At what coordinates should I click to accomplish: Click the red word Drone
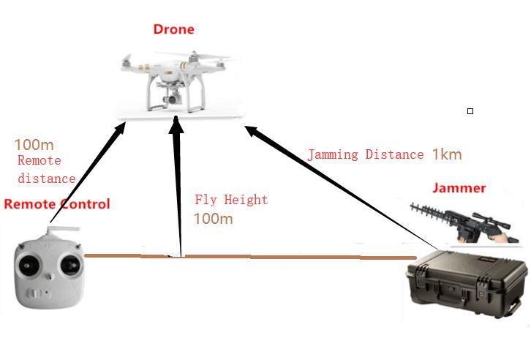pyautogui.click(x=174, y=29)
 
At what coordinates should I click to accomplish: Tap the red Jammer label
pyautogui.click(x=459, y=188)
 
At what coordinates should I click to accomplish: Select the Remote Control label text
pyautogui.click(x=57, y=204)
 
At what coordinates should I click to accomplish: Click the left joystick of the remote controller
pyautogui.click(x=29, y=265)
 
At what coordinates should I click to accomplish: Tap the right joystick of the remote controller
pyautogui.click(x=71, y=264)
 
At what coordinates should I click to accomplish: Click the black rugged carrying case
pyautogui.click(x=467, y=284)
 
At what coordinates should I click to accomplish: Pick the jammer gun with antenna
pyautogui.click(x=464, y=222)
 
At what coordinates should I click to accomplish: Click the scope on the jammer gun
pyautogui.click(x=491, y=220)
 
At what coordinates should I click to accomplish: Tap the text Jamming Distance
pyautogui.click(x=366, y=155)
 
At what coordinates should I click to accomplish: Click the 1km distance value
pyautogui.click(x=447, y=154)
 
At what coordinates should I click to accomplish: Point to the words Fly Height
pyautogui.click(x=231, y=200)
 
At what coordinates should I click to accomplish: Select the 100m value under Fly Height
pyautogui.click(x=214, y=219)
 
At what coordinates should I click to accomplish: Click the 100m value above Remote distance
pyautogui.click(x=34, y=145)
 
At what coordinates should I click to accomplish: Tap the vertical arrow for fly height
pyautogui.click(x=178, y=187)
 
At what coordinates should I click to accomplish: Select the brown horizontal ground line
pyautogui.click(x=250, y=257)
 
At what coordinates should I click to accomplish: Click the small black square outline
pyautogui.click(x=470, y=111)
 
